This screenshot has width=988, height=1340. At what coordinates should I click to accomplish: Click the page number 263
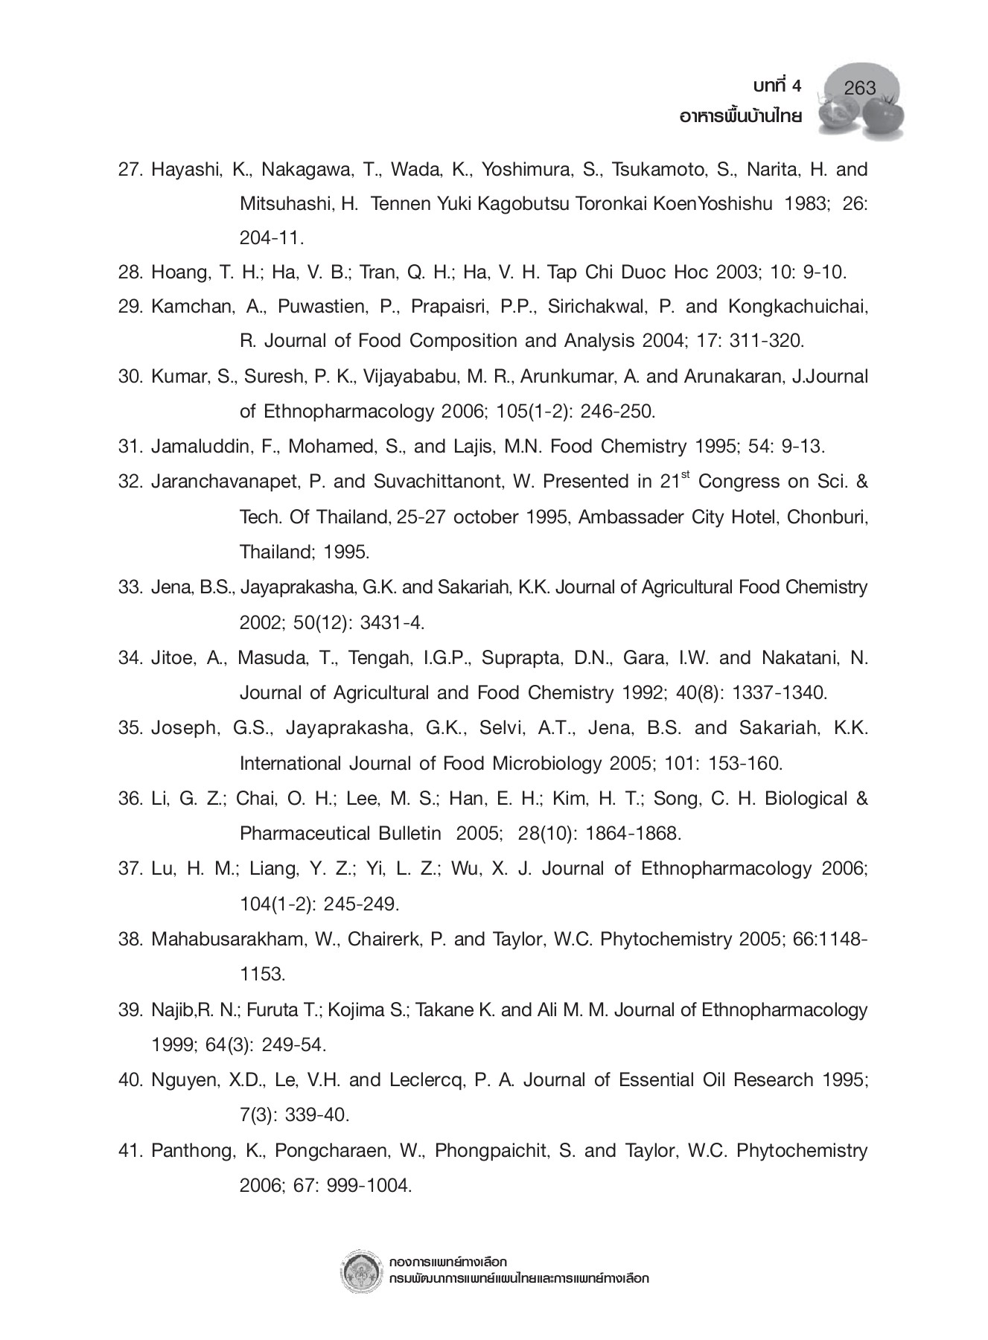(860, 89)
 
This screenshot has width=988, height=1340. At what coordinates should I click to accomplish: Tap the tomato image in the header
(883, 115)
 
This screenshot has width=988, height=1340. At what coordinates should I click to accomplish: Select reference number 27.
(130, 170)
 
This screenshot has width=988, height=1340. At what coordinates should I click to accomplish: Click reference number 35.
(130, 728)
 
